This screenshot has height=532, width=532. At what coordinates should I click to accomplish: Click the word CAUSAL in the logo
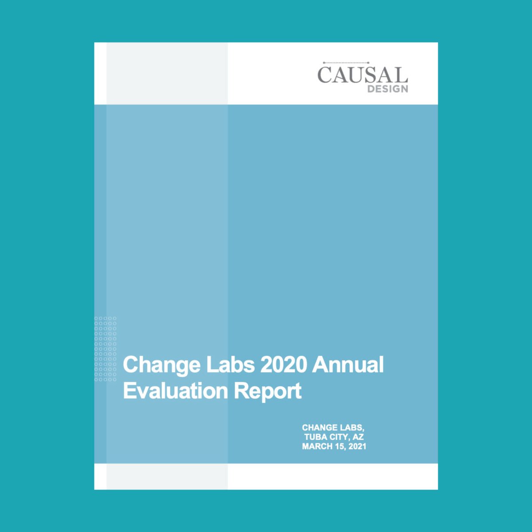[x=362, y=75]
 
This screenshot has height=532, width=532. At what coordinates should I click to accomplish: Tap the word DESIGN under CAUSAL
[x=387, y=89]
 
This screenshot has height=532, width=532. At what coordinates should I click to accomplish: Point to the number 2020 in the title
[x=284, y=364]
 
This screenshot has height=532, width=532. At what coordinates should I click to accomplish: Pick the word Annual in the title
[x=348, y=364]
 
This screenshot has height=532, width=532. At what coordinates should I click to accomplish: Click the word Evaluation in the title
[x=175, y=391]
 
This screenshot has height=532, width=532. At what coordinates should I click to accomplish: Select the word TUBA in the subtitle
[x=315, y=437]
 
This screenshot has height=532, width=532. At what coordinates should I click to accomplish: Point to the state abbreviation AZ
[x=358, y=437]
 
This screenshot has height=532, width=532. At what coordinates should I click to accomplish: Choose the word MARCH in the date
[x=317, y=446]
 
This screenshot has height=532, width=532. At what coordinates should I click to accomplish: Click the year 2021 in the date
[x=357, y=446]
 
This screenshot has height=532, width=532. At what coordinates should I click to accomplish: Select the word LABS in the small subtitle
[x=352, y=428]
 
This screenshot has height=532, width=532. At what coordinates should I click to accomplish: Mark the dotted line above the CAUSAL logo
[x=346, y=63]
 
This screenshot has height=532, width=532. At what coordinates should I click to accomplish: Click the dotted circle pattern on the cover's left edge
[x=106, y=349]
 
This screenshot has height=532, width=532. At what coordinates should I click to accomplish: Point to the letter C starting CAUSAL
[x=325, y=75]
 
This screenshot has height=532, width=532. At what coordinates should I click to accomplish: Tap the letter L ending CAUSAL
[x=402, y=75]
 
